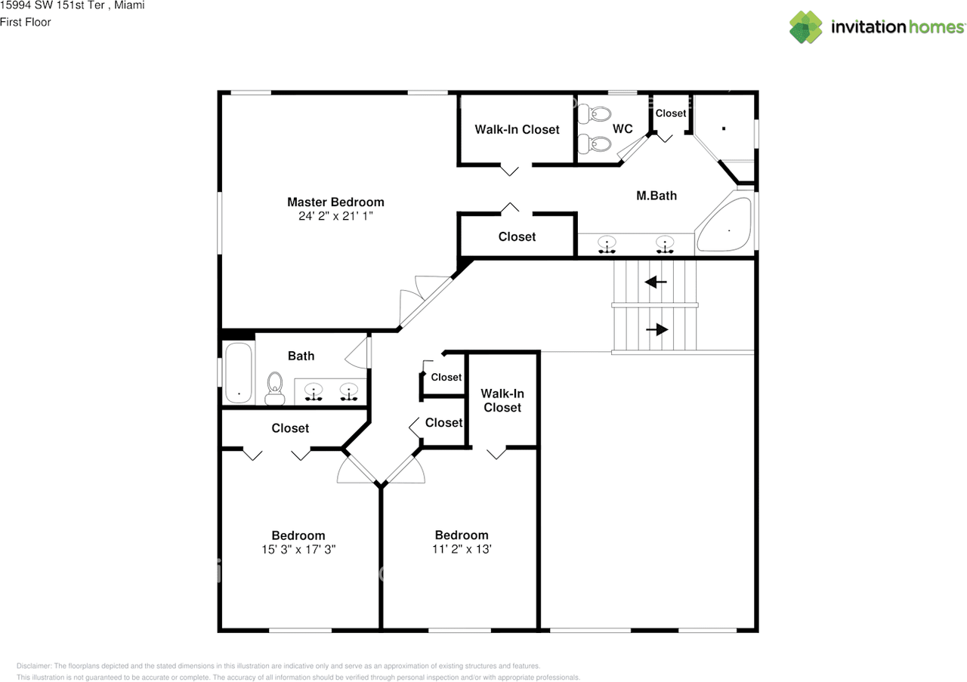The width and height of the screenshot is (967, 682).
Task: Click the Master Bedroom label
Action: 335,202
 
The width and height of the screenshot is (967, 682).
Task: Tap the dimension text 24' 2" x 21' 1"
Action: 335,216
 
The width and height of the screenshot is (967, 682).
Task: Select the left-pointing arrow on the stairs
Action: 655,282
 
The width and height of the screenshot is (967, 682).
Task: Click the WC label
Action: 623,129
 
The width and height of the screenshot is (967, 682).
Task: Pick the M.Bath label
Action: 656,196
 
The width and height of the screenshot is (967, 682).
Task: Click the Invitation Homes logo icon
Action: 806,26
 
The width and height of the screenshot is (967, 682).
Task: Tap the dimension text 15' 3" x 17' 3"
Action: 298,550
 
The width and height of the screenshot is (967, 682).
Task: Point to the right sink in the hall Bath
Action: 348,391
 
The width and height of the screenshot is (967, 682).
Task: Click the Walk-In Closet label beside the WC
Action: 517,129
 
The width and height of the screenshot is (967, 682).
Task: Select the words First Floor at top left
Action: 26,22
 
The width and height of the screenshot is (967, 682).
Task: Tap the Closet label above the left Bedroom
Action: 290,428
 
